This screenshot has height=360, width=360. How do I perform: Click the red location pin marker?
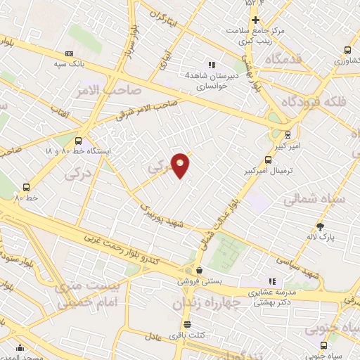point(181,165)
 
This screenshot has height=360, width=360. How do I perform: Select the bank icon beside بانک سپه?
point(69,53)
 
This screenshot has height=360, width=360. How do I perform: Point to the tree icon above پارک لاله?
point(321,226)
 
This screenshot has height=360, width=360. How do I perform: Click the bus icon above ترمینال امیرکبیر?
point(266,160)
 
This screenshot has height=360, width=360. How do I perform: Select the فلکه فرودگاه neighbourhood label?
point(315,102)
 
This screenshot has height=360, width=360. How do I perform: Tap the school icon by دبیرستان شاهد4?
point(211,65)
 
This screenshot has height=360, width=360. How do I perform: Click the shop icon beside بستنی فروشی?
point(200,270)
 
